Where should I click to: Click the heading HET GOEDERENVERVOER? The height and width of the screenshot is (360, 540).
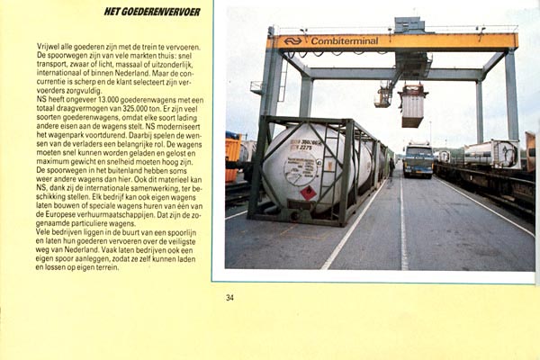152,12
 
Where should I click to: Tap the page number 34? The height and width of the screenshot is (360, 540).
229,298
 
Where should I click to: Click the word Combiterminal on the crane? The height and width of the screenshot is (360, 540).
345,40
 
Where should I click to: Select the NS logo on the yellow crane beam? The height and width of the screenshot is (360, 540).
293,40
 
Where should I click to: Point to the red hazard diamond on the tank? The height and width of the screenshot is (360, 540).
309,193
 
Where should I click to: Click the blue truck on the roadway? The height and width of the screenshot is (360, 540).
418,159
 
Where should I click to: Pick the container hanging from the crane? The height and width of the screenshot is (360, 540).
412,105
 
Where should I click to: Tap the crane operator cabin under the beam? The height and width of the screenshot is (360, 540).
383,96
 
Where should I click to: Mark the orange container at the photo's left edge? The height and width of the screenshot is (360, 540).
232,159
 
